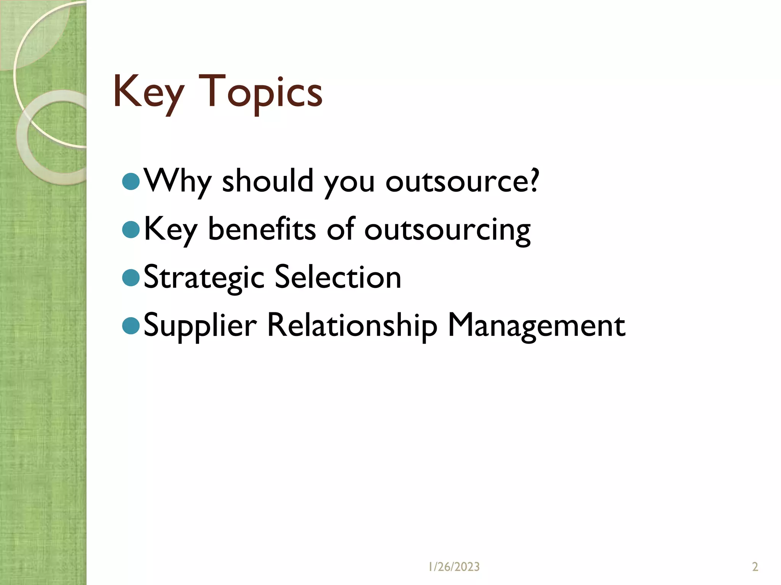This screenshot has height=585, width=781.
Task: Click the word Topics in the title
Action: coord(260,93)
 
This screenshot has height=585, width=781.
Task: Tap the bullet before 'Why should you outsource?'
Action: coord(131,182)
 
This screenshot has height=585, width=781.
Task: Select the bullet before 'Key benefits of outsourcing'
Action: coord(131,230)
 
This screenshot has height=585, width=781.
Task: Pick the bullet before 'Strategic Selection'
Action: coord(131,278)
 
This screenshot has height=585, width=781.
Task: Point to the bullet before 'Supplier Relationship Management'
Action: coord(131,326)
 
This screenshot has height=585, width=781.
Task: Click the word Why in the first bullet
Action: coord(177,182)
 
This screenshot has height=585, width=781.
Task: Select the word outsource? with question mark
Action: coord(462,182)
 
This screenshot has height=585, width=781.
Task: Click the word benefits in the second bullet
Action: coord(262,230)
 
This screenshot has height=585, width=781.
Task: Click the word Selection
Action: coord(337,277)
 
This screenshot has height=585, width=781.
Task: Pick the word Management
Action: coord(536,326)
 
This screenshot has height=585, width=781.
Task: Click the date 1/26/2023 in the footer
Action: coord(454,567)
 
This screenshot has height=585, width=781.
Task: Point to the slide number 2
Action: coord(755,567)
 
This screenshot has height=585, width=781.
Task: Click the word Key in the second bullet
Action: coord(170,230)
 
